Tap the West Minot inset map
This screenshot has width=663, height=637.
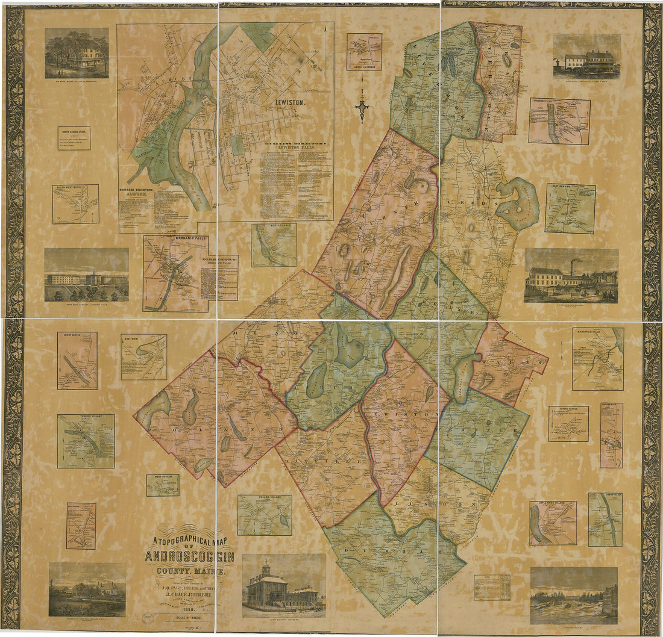pos(143,357)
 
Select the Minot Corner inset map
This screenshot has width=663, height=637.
pos(77,360)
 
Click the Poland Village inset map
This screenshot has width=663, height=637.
pos(265,515)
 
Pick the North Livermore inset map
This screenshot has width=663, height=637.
pos(364,51)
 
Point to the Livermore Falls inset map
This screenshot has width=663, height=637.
pos(559,122)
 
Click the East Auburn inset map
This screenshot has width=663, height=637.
pos(570,208)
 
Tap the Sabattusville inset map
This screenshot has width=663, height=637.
pos(598,359)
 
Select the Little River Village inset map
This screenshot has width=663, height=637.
pos(553,523)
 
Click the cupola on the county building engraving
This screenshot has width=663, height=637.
pos(266,567)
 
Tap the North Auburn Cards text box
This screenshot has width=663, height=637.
pos(74,138)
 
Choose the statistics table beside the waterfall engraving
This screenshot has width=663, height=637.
pos(492,587)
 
